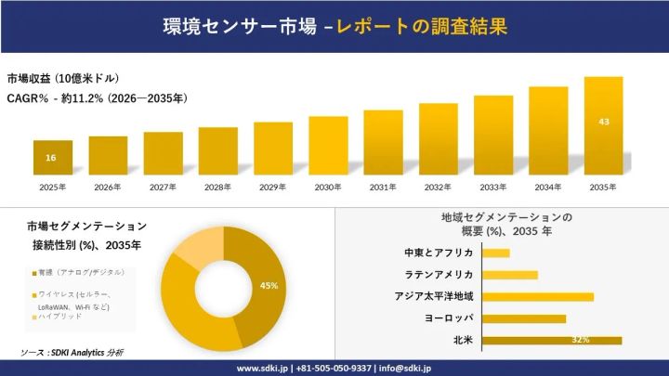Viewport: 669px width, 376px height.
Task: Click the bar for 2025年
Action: (x=53, y=157)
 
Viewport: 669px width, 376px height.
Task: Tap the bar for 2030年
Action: (x=328, y=145)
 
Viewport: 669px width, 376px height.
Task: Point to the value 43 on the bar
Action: (x=603, y=122)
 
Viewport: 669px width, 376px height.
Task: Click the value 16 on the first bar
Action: (x=51, y=158)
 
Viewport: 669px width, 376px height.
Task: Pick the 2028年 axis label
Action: (x=217, y=188)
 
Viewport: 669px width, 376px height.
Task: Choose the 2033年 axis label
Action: (x=492, y=188)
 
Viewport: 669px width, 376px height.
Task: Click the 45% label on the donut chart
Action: (x=269, y=286)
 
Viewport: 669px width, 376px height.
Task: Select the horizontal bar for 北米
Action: (x=553, y=341)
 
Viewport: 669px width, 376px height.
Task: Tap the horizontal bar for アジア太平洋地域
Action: (x=539, y=297)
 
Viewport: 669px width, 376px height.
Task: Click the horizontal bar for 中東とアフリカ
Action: (x=496, y=253)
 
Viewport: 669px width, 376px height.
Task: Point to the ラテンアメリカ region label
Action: (x=439, y=275)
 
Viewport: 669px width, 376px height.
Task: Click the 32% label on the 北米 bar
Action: (x=581, y=341)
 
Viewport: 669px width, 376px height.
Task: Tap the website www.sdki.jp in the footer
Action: (x=263, y=368)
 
